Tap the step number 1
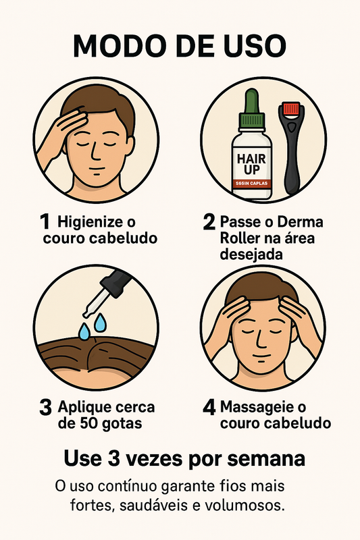45,221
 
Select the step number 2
209,222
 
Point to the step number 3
46,408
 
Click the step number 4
209,408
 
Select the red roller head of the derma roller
291,107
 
